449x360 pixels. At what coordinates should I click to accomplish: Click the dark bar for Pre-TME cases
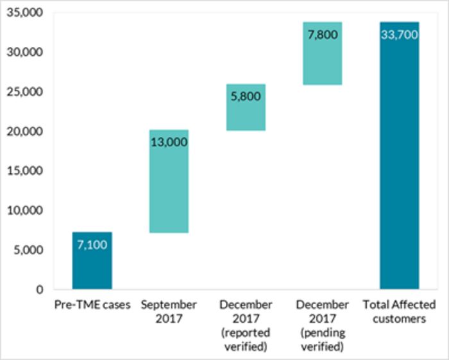click(92, 261)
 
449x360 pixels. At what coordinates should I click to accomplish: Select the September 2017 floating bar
click(169, 182)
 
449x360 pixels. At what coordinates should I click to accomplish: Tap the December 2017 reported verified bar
click(246, 107)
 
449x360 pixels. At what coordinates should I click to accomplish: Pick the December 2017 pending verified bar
click(323, 53)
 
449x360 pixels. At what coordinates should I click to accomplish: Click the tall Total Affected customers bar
click(400, 155)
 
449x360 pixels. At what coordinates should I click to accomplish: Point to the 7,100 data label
click(92, 245)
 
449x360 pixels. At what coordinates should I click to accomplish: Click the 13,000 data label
click(169, 142)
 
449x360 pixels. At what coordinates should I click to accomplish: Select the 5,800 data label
click(246, 96)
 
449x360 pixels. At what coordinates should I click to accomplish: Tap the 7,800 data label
click(323, 35)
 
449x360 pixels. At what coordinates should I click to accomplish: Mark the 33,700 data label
click(400, 35)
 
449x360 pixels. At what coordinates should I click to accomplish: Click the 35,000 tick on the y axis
click(24, 13)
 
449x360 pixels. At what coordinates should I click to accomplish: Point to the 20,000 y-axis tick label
click(24, 132)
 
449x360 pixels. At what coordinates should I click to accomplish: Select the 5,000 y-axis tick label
click(28, 250)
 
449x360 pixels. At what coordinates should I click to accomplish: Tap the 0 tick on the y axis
click(40, 290)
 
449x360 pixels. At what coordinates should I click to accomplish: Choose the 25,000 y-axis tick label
click(24, 92)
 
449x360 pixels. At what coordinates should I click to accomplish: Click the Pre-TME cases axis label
click(92, 305)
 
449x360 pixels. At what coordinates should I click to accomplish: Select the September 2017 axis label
click(169, 312)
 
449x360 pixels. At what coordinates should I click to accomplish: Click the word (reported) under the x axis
click(246, 333)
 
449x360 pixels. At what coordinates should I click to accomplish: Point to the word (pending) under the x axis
click(323, 333)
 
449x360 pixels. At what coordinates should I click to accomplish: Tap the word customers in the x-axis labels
click(400, 319)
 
